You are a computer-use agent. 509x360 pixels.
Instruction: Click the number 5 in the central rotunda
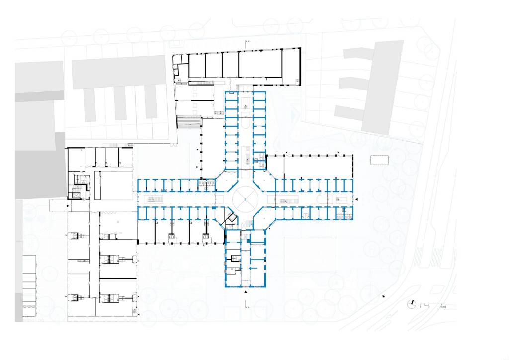pos(245,199)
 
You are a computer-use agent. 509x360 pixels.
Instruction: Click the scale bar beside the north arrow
pos(431,305)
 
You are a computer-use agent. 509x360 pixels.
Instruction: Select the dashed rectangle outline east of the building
pos(380,160)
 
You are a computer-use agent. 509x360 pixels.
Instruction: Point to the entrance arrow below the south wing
pos(245,293)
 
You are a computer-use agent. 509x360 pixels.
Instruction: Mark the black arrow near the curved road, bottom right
pos(383,296)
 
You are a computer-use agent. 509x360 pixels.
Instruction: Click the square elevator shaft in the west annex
pos(76,193)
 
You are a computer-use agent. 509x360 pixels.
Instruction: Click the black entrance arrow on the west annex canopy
pos(68,204)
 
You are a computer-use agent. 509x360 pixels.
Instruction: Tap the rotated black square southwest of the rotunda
pos(230,218)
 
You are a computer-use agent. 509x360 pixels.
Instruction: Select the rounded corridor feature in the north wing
pos(245,121)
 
